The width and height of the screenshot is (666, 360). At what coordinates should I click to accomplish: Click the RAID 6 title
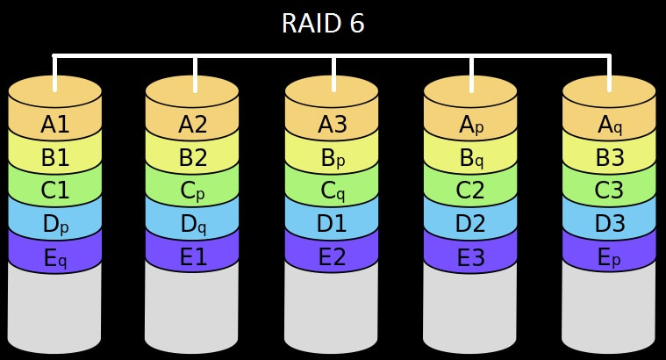[323, 24]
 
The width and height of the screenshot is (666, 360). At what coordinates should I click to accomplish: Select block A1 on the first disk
[55, 125]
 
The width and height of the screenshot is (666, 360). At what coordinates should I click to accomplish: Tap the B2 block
[193, 158]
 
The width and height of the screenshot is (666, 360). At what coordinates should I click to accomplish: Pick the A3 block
[332, 125]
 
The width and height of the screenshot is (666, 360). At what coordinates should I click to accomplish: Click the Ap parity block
[471, 125]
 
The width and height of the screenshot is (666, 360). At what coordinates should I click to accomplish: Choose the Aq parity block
[609, 125]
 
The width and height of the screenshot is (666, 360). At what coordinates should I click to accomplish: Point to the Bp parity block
[332, 158]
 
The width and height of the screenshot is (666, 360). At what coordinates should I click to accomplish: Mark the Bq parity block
[471, 158]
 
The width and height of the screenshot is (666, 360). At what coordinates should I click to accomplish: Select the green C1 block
[55, 191]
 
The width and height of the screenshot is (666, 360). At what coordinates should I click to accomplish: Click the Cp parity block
[193, 191]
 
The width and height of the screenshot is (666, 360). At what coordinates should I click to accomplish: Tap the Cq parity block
[332, 191]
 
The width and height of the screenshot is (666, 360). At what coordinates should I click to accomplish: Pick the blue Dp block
[55, 224]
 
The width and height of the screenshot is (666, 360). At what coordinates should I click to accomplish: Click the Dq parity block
[193, 224]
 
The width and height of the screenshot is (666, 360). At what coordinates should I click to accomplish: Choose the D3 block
[609, 224]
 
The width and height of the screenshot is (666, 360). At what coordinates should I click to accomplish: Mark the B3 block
[609, 158]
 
